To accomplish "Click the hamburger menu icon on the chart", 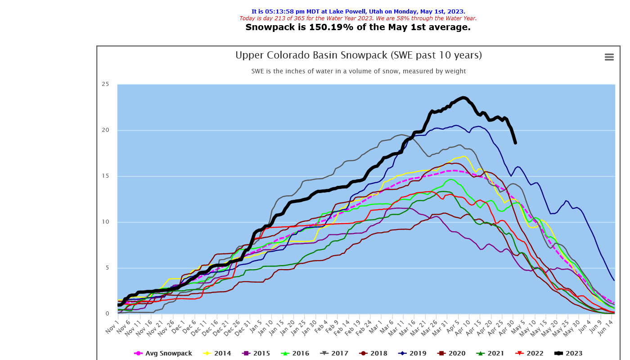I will [x=609, y=57].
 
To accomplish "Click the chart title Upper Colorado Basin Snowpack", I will [x=358, y=55].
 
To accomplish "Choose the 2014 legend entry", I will [x=218, y=353].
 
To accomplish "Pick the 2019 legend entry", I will [x=414, y=353].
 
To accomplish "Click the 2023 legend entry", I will [x=568, y=353].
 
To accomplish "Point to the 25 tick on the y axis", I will [x=105, y=84].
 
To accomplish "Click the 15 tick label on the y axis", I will [x=105, y=176].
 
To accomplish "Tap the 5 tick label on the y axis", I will [x=107, y=268].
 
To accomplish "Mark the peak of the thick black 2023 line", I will [x=463, y=98].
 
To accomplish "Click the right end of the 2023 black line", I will [x=515, y=143].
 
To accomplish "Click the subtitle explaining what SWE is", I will [x=358, y=71].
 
